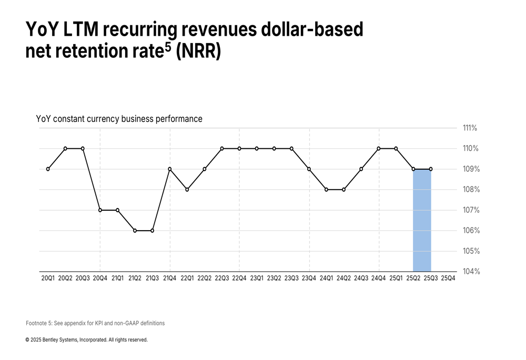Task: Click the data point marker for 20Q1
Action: (x=48, y=169)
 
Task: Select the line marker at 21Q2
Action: (x=135, y=231)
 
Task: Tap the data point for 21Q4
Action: (x=170, y=169)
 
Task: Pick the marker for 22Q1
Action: (x=187, y=190)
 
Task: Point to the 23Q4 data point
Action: (x=309, y=169)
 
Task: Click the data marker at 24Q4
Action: (x=379, y=149)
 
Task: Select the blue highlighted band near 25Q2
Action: (x=422, y=221)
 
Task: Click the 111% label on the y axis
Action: (x=470, y=128)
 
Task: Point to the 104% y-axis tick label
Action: (x=470, y=272)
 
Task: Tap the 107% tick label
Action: (x=470, y=210)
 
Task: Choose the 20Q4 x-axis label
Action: (x=100, y=278)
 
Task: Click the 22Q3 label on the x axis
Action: (x=222, y=278)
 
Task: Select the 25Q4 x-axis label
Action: (x=448, y=278)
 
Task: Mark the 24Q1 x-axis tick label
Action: (x=326, y=278)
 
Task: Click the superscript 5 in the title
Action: (x=168, y=47)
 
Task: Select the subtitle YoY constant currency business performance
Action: (x=119, y=119)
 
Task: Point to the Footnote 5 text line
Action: (x=95, y=323)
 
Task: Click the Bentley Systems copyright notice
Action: (x=87, y=340)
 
